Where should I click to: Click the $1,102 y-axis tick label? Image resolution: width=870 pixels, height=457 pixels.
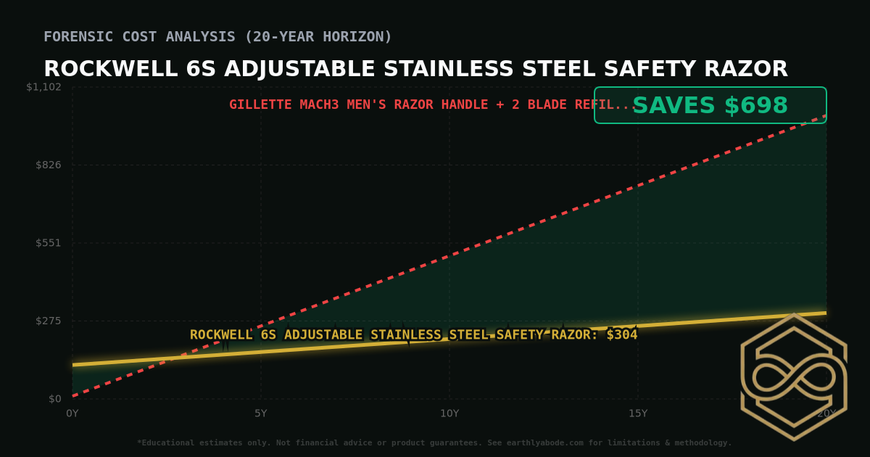43,87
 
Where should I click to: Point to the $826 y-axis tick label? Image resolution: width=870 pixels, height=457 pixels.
48,165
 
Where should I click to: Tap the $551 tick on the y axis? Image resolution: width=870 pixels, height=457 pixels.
48,242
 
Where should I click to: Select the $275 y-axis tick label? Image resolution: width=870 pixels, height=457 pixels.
48,321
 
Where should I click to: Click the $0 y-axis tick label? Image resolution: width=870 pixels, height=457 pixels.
54,398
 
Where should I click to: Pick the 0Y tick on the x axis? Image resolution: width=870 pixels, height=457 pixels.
72,413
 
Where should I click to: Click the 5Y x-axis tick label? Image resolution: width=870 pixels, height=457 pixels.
261,413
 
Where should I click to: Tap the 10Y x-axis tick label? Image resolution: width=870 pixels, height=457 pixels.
449,413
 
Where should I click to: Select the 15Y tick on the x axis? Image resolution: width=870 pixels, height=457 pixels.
638,413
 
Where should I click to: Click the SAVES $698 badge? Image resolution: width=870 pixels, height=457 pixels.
710,106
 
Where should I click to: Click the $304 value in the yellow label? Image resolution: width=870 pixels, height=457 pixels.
622,334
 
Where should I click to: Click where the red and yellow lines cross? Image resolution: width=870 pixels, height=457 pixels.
168,357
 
